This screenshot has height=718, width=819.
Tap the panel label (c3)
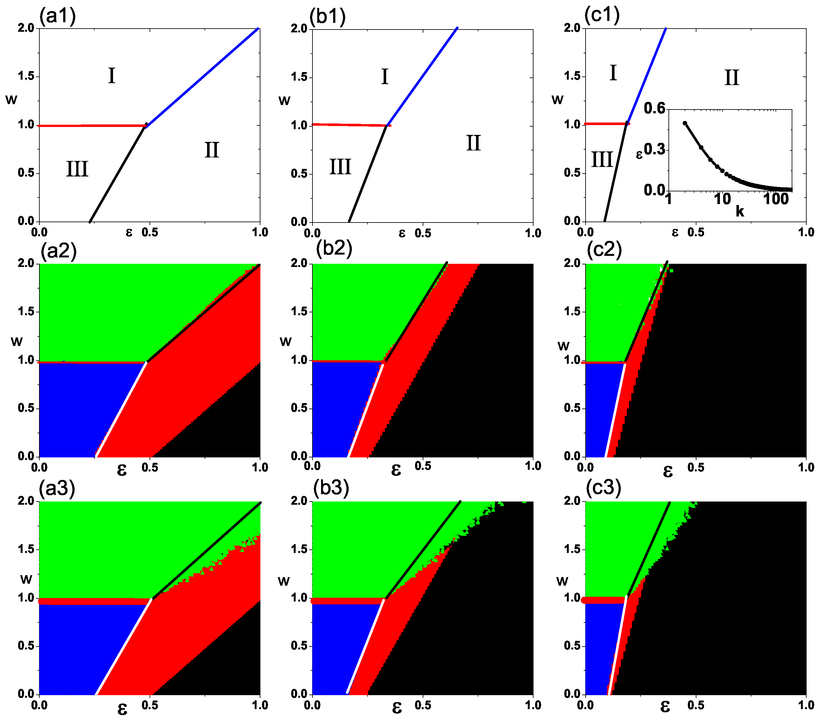click(603, 487)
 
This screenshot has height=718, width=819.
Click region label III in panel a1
click(77, 169)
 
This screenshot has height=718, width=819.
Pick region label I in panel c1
click(613, 73)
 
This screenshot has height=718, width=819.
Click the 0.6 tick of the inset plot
click(654, 108)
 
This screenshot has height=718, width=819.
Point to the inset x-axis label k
click(740, 211)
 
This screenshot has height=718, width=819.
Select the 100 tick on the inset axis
click(776, 199)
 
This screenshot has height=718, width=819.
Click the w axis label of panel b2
click(285, 342)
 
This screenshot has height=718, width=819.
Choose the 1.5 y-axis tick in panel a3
click(26, 549)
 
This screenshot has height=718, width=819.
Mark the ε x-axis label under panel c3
click(665, 707)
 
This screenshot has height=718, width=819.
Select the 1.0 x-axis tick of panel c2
click(806, 467)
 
